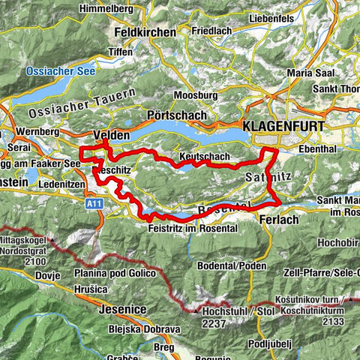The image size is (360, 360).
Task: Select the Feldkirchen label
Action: click(145, 32)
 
